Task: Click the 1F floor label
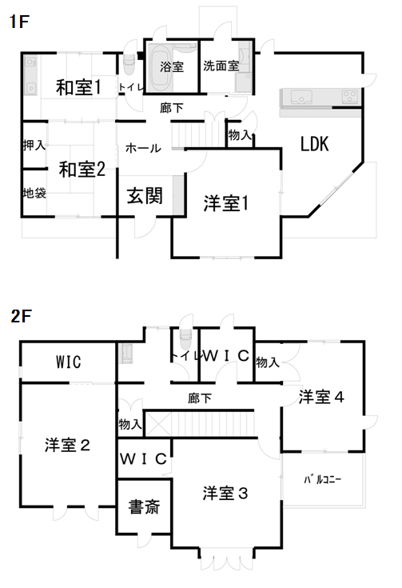[x=19, y=22]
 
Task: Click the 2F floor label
[x=21, y=316]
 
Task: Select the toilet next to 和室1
[x=129, y=65]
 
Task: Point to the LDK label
[x=315, y=144]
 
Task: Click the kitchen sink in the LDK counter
[x=301, y=97]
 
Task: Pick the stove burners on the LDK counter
[x=350, y=96]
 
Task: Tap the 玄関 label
[x=145, y=196]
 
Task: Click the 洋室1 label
[x=226, y=203]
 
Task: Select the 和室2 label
[x=82, y=169]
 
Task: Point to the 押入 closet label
[x=34, y=145]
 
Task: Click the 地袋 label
[x=34, y=193]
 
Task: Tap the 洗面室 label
[x=221, y=66]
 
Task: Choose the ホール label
[x=143, y=149]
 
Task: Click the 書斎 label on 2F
[x=144, y=506]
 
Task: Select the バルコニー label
[x=323, y=479]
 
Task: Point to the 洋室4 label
[x=321, y=397]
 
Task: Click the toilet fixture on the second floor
[x=185, y=338]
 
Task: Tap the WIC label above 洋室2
[x=68, y=362]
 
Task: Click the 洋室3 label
[x=225, y=493]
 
